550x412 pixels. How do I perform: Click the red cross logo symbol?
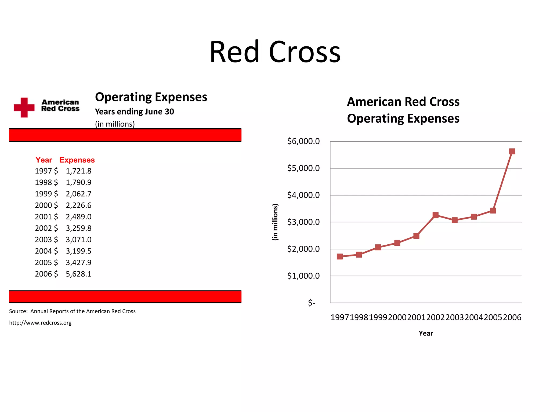[24, 108]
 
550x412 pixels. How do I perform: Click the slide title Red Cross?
[275, 52]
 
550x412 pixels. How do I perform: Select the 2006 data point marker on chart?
[512, 152]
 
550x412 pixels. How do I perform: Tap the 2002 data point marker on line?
[435, 215]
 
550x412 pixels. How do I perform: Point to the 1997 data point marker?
[340, 256]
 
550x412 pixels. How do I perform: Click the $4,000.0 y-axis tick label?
[303, 195]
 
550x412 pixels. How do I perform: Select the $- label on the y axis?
[312, 303]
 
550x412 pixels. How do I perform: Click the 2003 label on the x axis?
[454, 318]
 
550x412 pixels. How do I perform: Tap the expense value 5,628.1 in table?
[78, 274]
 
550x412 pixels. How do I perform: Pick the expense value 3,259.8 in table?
[78, 228]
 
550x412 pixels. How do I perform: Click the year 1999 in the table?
[43, 194]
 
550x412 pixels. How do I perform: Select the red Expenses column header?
[77, 160]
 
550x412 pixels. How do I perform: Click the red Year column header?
[44, 160]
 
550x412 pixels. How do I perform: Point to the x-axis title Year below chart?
[426, 333]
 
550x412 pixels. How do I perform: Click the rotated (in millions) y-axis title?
[275, 222]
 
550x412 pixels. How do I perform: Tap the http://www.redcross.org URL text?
[40, 323]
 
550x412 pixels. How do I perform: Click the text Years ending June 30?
[134, 112]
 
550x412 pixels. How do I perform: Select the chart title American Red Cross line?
[403, 102]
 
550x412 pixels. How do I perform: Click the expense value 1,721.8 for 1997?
[78, 171]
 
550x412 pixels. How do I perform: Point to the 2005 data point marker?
[493, 211]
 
